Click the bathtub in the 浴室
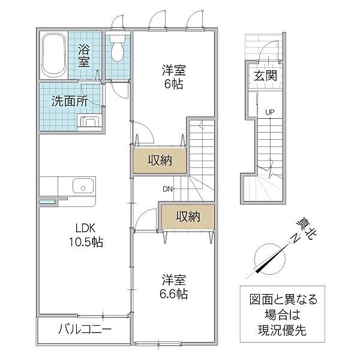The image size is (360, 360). coord(54,54)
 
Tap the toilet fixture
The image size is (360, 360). coord(118,48)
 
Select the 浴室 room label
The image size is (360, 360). coord(84,55)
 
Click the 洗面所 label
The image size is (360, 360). coord(70,101)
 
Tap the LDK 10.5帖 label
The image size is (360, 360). coord(86,235)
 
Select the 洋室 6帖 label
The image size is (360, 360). coord(174,77)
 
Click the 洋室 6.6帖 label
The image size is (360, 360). coord(174,287)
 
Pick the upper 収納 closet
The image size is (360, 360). coord(160,160)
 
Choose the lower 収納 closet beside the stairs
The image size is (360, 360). coord(188,217)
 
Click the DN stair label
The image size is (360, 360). coord(167,189)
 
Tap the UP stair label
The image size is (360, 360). coord(270,112)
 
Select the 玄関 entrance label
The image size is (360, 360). coord(265,76)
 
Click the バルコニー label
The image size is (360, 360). coord(85,329)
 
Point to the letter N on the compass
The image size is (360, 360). coord(295,238)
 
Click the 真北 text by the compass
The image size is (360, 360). coord(307,229)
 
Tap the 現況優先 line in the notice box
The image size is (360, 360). coord(282,331)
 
